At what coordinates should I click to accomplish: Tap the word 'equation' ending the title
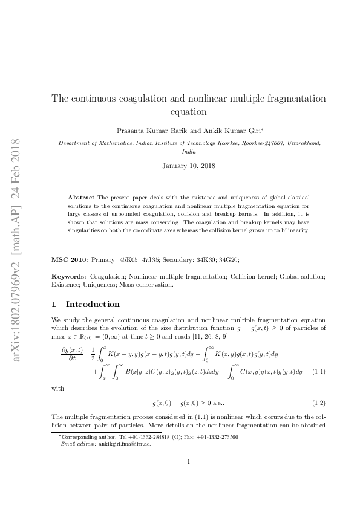click(x=189, y=112)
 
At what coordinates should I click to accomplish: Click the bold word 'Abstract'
click(x=81, y=198)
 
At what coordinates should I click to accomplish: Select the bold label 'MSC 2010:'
click(x=70, y=259)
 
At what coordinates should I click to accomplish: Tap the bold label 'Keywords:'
click(x=69, y=276)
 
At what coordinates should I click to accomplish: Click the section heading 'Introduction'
click(x=93, y=304)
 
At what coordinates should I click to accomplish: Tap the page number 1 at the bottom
click(x=189, y=479)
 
